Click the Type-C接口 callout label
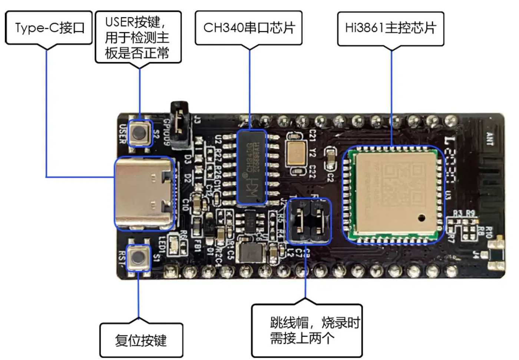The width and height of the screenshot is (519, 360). pos(49,28)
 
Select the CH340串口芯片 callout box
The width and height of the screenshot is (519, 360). pos(249,28)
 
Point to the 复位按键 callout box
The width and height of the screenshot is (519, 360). pos(141,340)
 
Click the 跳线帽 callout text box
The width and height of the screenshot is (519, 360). pos(307,330)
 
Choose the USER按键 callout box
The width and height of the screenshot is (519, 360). pos(138,37)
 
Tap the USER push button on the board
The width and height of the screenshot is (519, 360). pos(139,132)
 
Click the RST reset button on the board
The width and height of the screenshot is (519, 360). pos(139,257)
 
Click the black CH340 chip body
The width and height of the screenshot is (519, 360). pos(252,167)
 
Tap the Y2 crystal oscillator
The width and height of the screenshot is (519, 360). pos(297,153)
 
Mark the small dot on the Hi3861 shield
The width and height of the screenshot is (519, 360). pos(421,218)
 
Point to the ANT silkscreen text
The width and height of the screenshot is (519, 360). pos(490,139)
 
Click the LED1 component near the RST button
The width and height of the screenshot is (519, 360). pos(173,244)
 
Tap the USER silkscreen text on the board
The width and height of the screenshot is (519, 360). pos(122,134)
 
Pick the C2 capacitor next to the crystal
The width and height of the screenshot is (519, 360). pos(330,160)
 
